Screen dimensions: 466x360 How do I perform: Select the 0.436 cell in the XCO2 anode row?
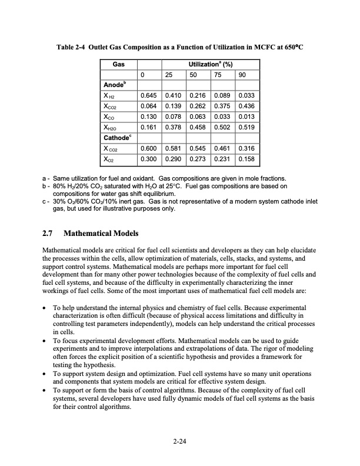(246, 105)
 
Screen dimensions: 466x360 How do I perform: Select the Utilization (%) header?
(200, 64)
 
